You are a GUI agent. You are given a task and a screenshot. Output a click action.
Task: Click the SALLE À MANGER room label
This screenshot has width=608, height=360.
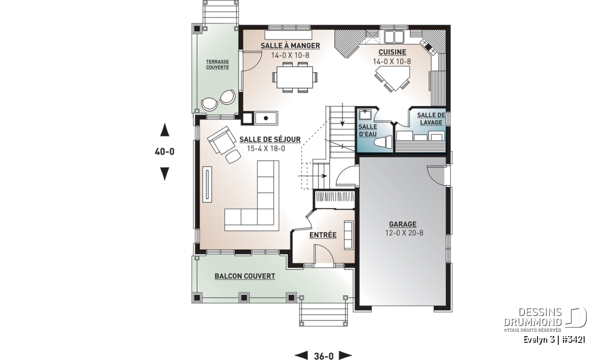(290, 46)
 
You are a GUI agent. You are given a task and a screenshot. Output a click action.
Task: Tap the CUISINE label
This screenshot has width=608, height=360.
(392, 52)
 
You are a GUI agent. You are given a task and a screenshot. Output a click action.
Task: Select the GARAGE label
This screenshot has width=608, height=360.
(402, 224)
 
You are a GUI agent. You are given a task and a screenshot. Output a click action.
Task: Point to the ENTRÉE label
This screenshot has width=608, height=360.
(323, 235)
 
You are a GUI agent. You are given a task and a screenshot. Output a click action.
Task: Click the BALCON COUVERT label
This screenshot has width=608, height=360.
(245, 276)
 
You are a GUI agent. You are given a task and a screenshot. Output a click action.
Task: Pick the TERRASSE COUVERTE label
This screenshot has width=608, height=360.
(217, 65)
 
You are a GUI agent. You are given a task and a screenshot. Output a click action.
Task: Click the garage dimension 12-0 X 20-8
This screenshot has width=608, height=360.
(404, 233)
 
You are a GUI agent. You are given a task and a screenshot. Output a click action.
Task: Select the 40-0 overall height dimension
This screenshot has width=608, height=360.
(165, 152)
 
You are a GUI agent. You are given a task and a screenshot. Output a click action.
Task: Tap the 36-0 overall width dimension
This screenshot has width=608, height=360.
(324, 356)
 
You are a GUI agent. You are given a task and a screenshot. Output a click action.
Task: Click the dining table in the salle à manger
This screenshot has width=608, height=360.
(294, 77)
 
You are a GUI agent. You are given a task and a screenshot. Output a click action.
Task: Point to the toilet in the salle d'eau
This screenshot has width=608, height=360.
(383, 142)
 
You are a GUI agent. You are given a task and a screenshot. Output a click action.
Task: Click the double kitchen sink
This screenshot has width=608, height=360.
(394, 37)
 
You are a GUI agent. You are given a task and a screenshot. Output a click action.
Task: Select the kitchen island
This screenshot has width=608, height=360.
(393, 78)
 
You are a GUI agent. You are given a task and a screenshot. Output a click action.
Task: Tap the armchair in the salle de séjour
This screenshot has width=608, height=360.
(221, 140)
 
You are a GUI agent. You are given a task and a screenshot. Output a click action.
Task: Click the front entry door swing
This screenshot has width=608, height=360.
(324, 254)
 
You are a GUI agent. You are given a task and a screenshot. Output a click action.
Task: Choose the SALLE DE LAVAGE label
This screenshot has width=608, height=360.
(431, 119)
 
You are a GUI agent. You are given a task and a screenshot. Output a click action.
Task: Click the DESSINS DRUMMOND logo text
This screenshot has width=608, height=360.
(533, 317)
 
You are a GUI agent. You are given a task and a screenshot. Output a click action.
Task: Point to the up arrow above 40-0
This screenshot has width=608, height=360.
(165, 130)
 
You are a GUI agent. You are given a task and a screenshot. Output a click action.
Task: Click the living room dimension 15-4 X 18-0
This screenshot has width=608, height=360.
(266, 148)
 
